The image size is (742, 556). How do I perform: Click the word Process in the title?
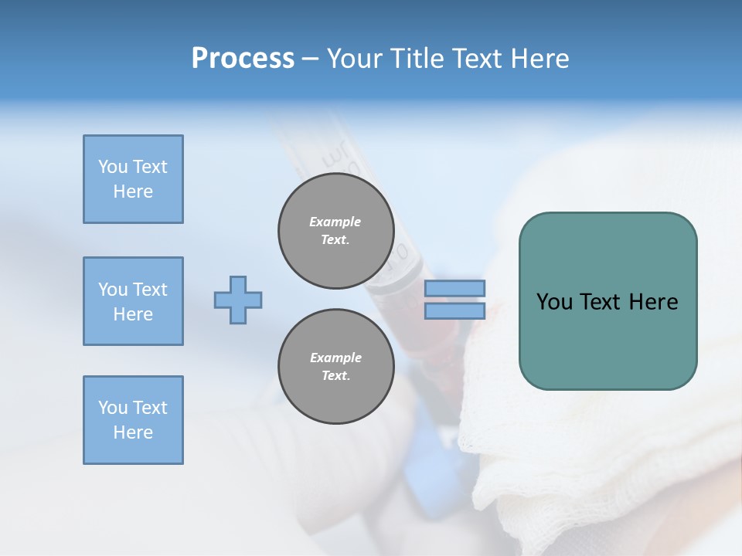click(243, 59)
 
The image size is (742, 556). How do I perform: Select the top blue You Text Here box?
click(133, 179)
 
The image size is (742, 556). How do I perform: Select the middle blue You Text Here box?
click(133, 301)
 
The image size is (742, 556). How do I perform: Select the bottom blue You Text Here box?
click(133, 419)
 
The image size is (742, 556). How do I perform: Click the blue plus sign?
click(238, 300)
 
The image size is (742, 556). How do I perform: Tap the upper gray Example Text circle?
click(335, 231)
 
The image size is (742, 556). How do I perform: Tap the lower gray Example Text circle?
click(335, 367)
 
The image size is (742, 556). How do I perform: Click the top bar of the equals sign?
click(455, 288)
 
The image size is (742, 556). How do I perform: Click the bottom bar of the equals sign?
click(455, 310)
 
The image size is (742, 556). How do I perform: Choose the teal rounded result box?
click(608, 340)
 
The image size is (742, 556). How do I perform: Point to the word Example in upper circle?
click(335, 222)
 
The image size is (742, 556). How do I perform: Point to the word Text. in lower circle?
click(335, 376)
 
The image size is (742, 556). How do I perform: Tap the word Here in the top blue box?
click(133, 192)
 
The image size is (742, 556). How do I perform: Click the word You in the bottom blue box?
click(113, 408)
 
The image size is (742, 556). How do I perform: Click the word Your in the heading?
click(359, 59)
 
